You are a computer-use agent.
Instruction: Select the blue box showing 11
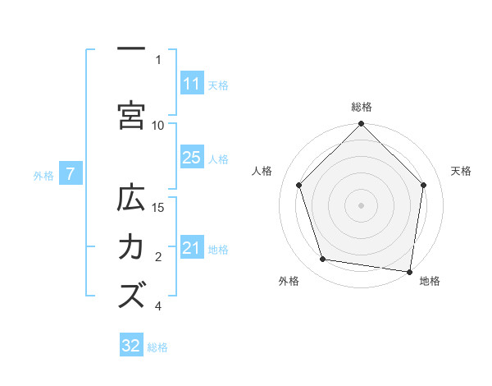click(191, 84)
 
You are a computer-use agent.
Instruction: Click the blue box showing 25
click(191, 158)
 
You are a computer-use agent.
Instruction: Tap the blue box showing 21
click(191, 248)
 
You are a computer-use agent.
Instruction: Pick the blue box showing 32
click(131, 346)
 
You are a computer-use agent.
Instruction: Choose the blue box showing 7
click(71, 174)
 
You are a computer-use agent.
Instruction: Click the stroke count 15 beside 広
click(158, 207)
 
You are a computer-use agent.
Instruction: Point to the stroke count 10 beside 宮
click(158, 125)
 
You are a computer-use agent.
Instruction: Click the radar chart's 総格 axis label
click(362, 107)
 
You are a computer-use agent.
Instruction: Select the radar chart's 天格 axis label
click(462, 171)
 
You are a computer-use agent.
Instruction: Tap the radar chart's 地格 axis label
click(430, 282)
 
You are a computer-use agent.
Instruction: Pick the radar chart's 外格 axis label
click(289, 282)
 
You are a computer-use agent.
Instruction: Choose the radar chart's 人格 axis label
click(262, 171)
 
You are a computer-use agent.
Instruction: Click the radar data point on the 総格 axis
click(361, 125)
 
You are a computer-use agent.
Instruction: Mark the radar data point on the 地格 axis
click(409, 270)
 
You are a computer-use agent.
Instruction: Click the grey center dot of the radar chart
click(361, 204)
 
